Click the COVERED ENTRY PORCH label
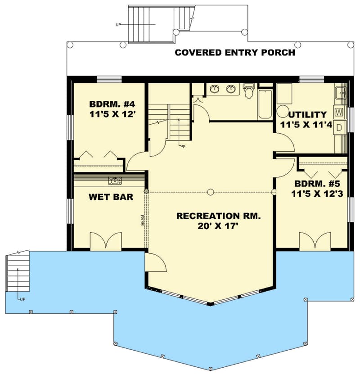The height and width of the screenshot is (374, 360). pos(235,53)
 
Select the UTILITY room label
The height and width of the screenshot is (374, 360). pos(308,114)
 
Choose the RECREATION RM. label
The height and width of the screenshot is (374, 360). pos(218,216)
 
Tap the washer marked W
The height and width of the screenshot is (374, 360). pos(339,111)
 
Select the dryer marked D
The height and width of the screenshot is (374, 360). pos(340,126)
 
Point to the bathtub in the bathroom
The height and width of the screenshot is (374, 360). pos(265,104)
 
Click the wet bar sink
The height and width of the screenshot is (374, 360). pos(115,181)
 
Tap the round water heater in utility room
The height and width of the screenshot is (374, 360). pos(283,111)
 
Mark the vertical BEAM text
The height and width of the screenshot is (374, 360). pos(141,221)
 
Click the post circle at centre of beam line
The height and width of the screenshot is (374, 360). pos(210,192)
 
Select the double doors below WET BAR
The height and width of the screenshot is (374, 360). pos(106,241)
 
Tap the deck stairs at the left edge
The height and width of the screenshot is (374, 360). pos(18,272)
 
